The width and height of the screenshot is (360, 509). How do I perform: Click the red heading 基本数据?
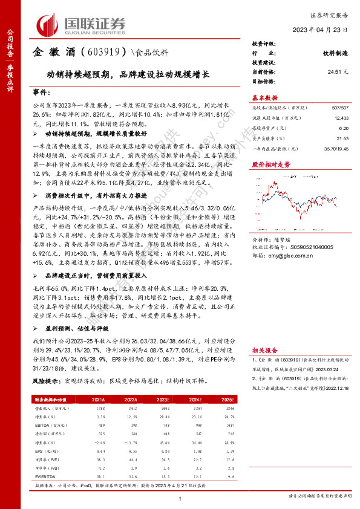point(264,98)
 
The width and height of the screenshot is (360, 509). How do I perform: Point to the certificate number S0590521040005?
point(309,248)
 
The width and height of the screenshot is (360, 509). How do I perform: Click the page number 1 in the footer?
point(180,498)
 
